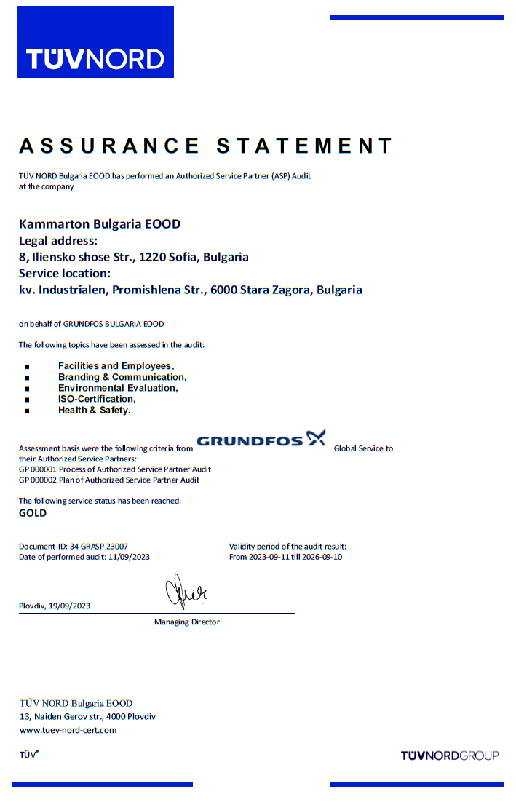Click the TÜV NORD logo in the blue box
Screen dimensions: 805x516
click(x=95, y=58)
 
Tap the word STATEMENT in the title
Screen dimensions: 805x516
click(x=305, y=146)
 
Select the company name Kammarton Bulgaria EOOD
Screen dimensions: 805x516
click(x=100, y=224)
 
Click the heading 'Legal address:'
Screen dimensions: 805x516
click(x=57, y=241)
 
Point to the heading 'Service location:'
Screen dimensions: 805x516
click(x=65, y=274)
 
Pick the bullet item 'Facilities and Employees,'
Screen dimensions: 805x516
click(x=116, y=366)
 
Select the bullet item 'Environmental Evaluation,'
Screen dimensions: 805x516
click(x=118, y=388)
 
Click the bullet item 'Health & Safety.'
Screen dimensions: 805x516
click(x=95, y=410)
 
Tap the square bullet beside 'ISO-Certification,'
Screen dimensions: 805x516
click(x=27, y=400)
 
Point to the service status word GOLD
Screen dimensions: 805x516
click(x=33, y=513)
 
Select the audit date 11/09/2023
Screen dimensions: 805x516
click(x=129, y=557)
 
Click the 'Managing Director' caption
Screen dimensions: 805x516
click(x=187, y=622)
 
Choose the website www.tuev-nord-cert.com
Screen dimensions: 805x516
click(x=68, y=730)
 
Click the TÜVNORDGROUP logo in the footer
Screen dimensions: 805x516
click(x=450, y=756)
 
